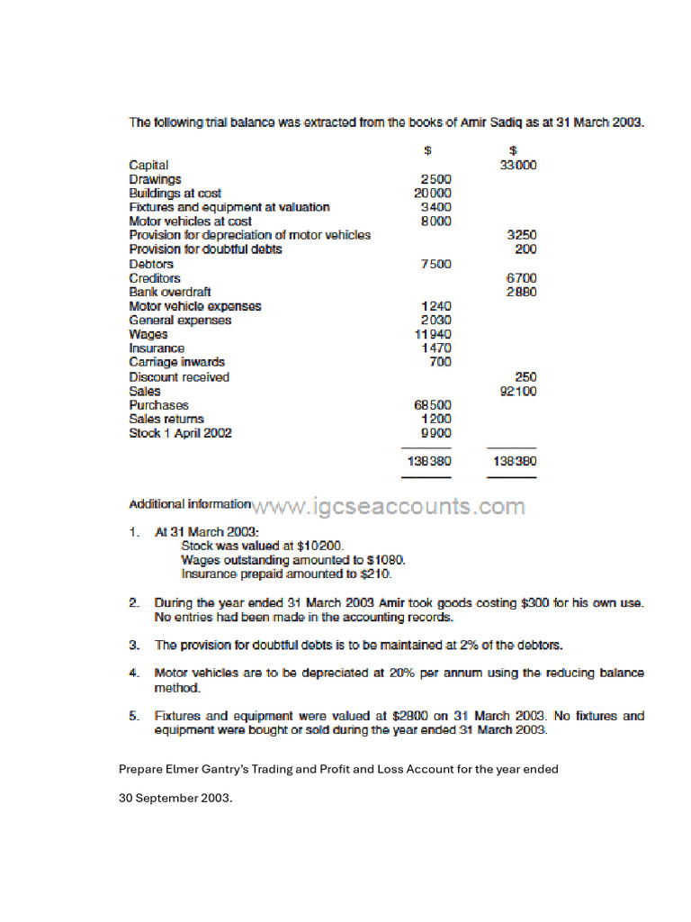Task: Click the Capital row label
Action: (148, 166)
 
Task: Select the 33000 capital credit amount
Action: (518, 166)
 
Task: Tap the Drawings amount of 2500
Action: (435, 179)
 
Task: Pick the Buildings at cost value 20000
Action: (432, 193)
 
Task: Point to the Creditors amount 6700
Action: (521, 278)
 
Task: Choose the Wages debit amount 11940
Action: (432, 334)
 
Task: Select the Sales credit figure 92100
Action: (518, 391)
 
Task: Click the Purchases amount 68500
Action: (432, 405)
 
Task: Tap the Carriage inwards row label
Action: (177, 362)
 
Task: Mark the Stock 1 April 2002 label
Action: (180, 433)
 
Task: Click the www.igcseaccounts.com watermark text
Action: (390, 507)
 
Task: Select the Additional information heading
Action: (190, 504)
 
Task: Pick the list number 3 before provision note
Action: (133, 645)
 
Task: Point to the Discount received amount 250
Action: (525, 376)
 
